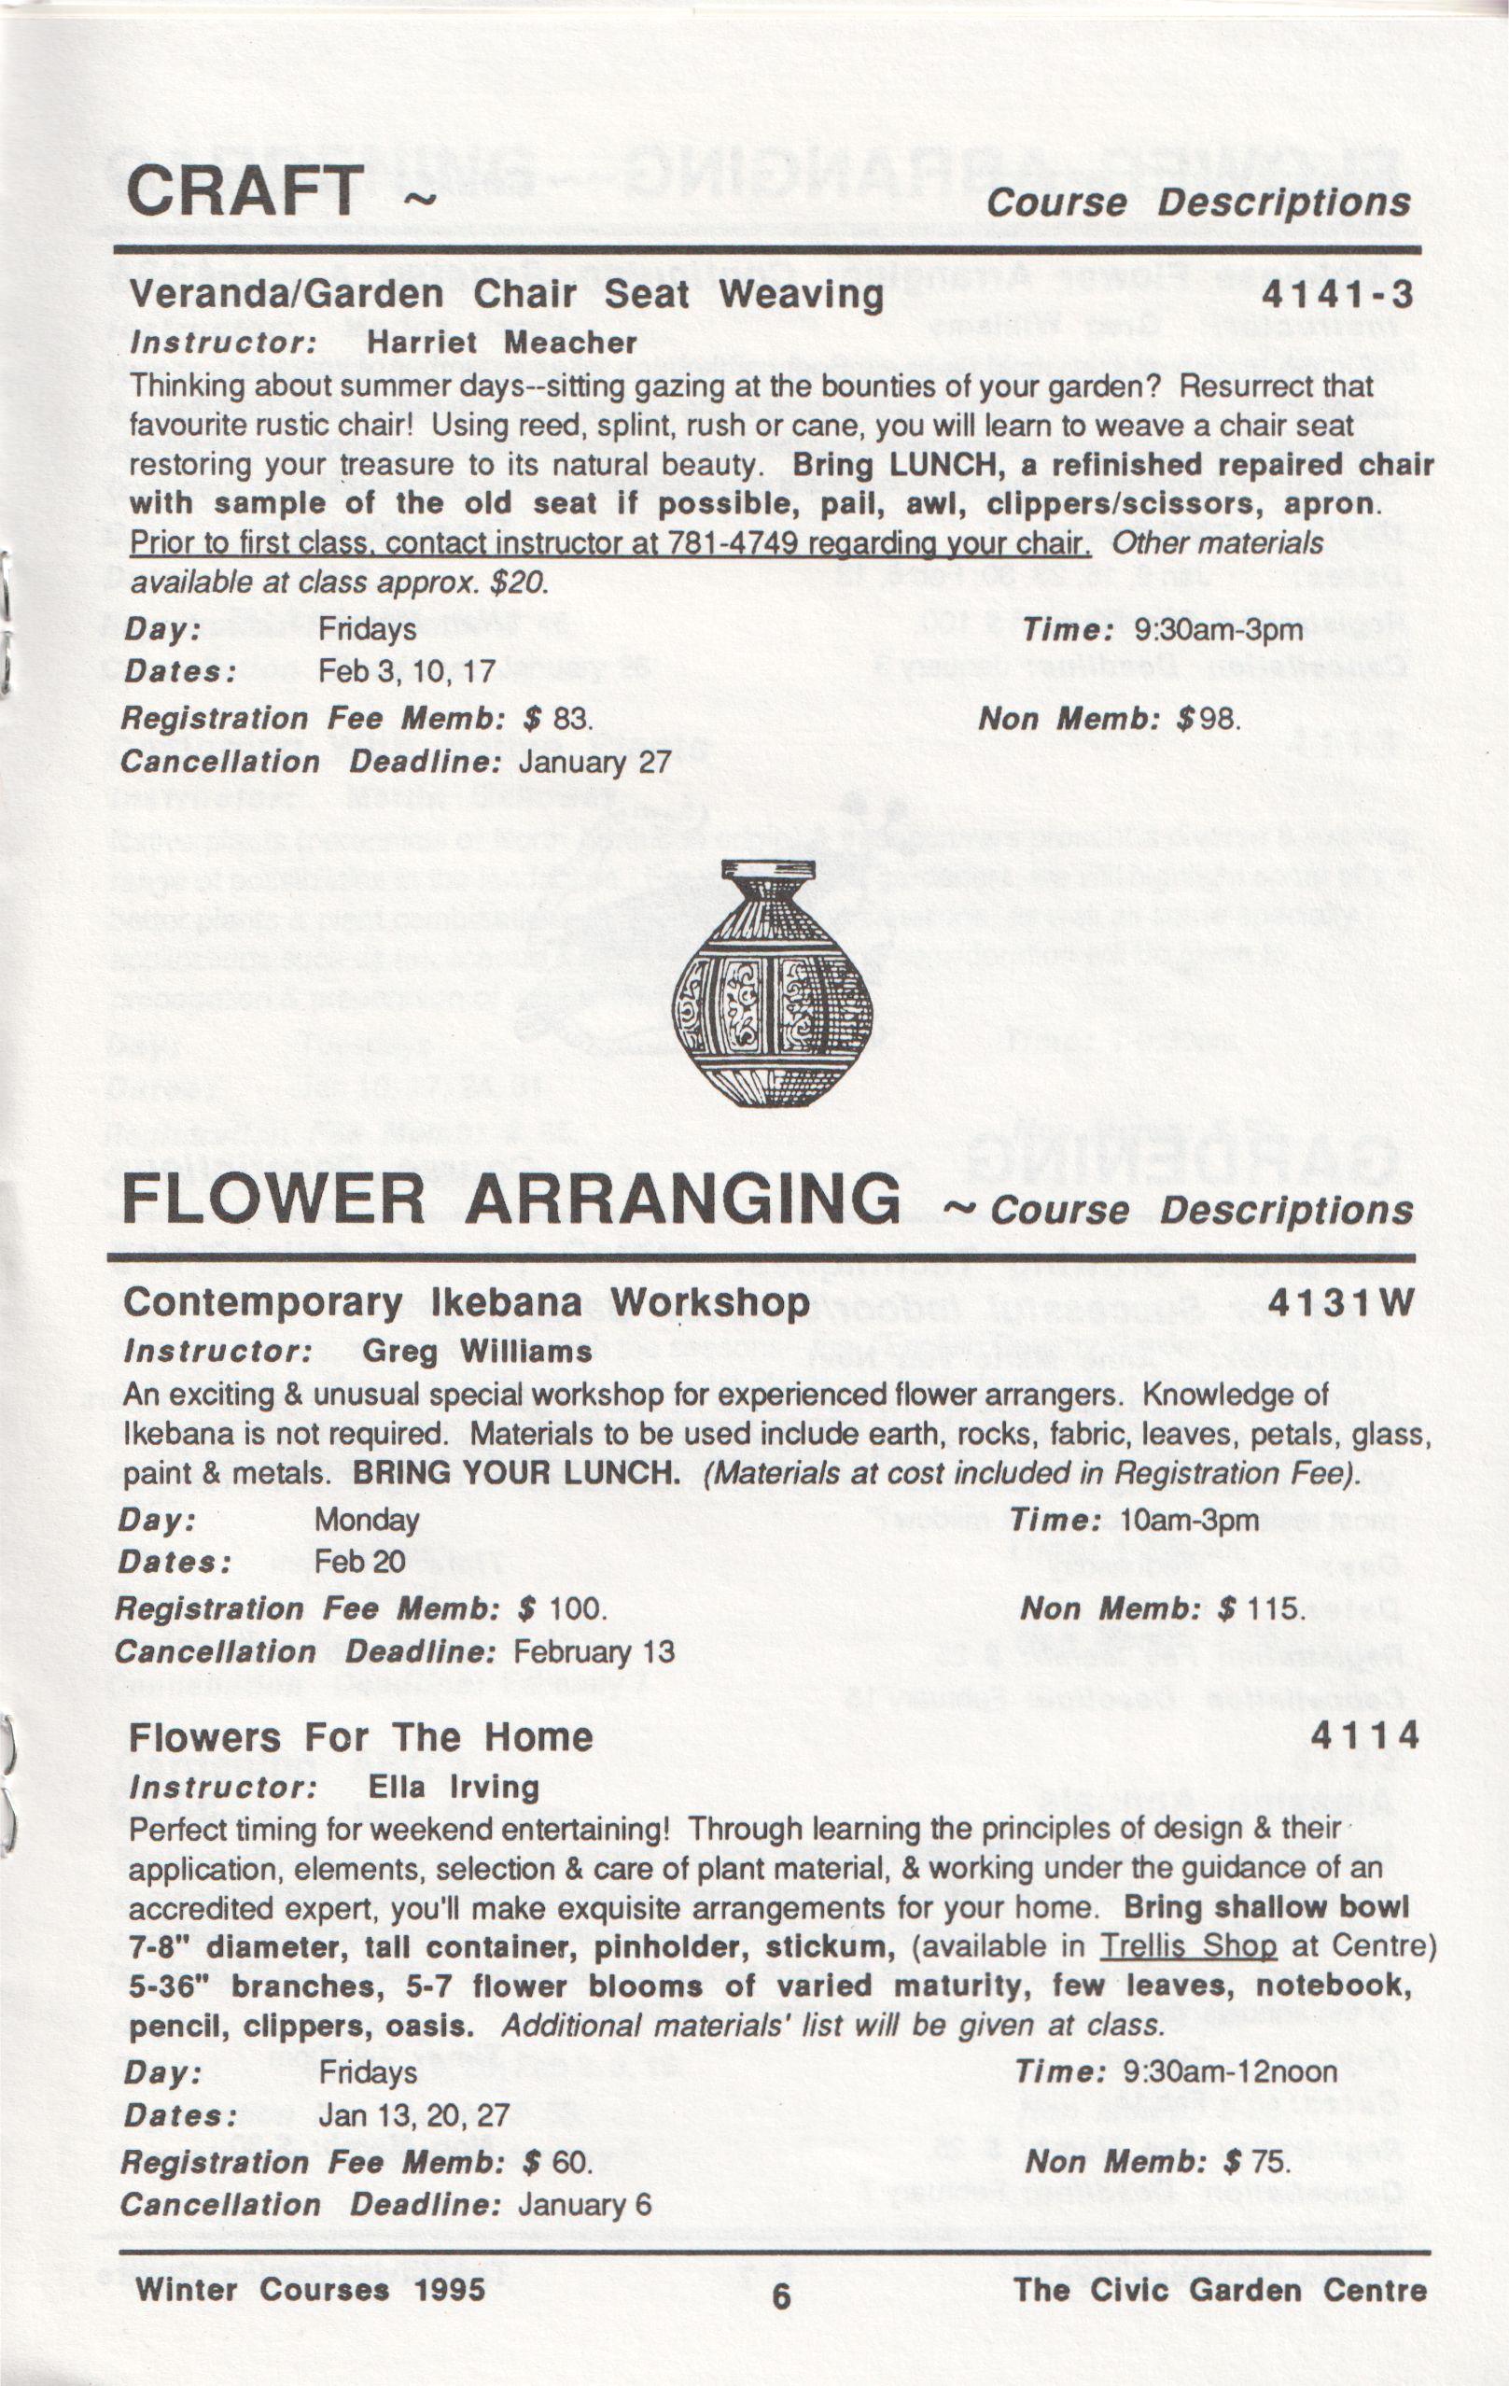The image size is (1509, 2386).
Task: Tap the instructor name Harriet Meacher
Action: tap(501, 343)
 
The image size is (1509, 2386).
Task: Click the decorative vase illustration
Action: tap(771, 983)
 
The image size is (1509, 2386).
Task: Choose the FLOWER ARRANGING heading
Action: tap(511, 1200)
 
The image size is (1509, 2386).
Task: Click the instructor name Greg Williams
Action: tap(477, 1351)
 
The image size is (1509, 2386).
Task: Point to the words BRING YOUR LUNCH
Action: tap(516, 1473)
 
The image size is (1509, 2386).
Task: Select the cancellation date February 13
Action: tap(594, 1651)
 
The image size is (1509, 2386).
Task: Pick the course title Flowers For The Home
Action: tap(360, 1737)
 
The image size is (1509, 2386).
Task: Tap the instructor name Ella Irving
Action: tap(453, 1788)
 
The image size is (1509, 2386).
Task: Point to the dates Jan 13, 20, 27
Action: tap(413, 2115)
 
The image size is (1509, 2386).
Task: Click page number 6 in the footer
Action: tap(782, 2296)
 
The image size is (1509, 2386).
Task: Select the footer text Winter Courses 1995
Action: tap(311, 2289)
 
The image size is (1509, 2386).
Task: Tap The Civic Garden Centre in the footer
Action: tap(1219, 2290)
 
